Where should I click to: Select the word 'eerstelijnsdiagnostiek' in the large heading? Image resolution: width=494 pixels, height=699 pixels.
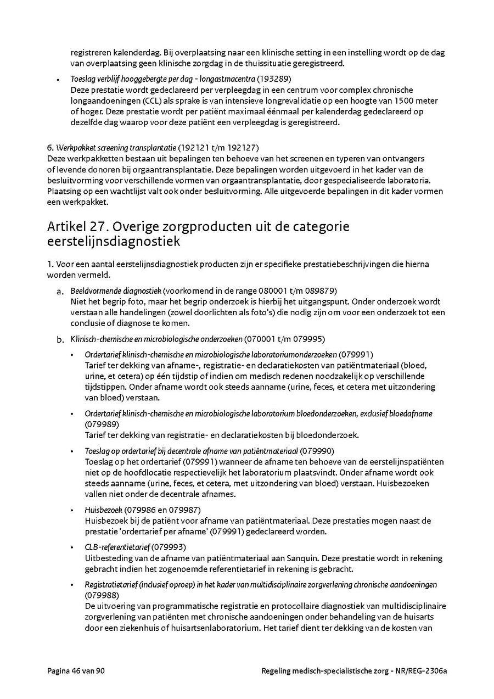(113, 242)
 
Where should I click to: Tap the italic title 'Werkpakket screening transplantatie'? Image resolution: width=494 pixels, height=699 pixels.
(115, 148)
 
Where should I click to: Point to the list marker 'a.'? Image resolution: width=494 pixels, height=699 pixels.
(61, 291)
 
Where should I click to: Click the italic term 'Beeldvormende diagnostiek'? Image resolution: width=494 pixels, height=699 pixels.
(115, 290)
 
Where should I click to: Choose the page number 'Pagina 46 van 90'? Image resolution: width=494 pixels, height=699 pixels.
(76, 670)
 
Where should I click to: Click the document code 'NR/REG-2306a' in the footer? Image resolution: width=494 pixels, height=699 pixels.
(422, 670)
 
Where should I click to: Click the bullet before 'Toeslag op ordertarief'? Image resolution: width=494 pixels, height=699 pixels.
(72, 451)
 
